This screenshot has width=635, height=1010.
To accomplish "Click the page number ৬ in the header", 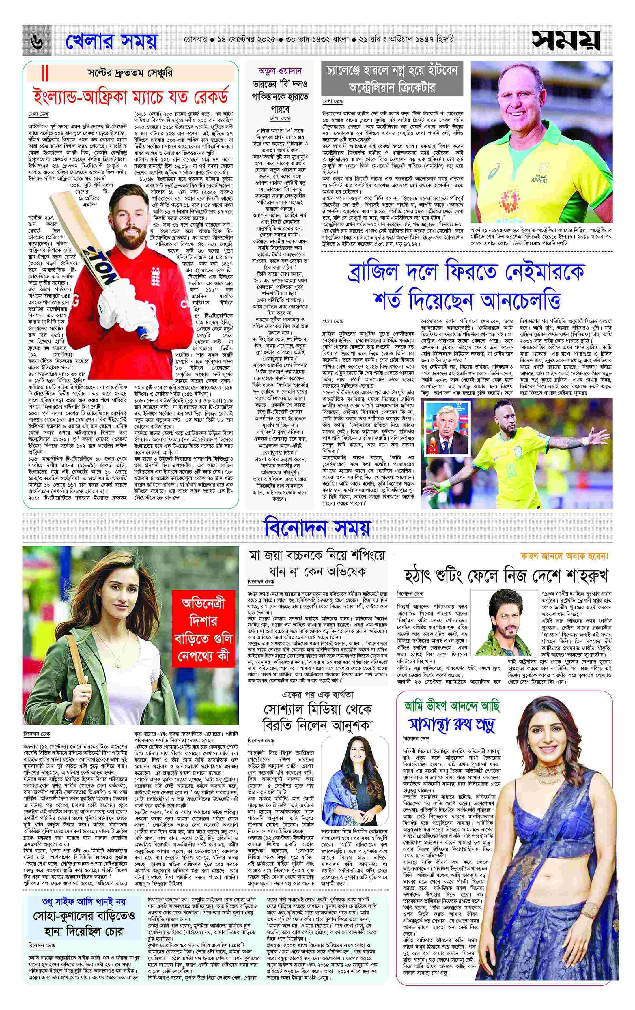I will (37, 42).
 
